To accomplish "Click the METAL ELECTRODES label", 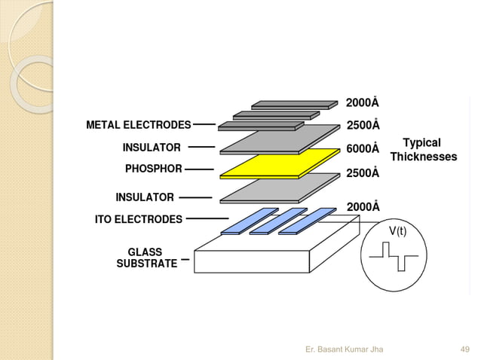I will [x=138, y=124].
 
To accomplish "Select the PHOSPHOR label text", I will [x=153, y=169].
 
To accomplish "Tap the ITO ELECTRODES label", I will [x=138, y=219].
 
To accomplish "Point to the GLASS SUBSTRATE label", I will [x=146, y=258].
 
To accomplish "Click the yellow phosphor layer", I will [x=279, y=163].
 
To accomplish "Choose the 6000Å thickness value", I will [x=363, y=148].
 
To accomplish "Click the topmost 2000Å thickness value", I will [x=363, y=102].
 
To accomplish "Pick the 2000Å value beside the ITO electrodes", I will [x=363, y=206].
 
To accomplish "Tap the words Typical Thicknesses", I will [x=423, y=150].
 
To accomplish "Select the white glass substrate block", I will [x=253, y=260].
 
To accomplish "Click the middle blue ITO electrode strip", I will [x=278, y=221].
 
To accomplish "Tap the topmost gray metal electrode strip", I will [x=294, y=104].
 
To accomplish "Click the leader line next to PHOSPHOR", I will [x=199, y=169].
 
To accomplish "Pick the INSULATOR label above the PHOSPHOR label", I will [x=152, y=147].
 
